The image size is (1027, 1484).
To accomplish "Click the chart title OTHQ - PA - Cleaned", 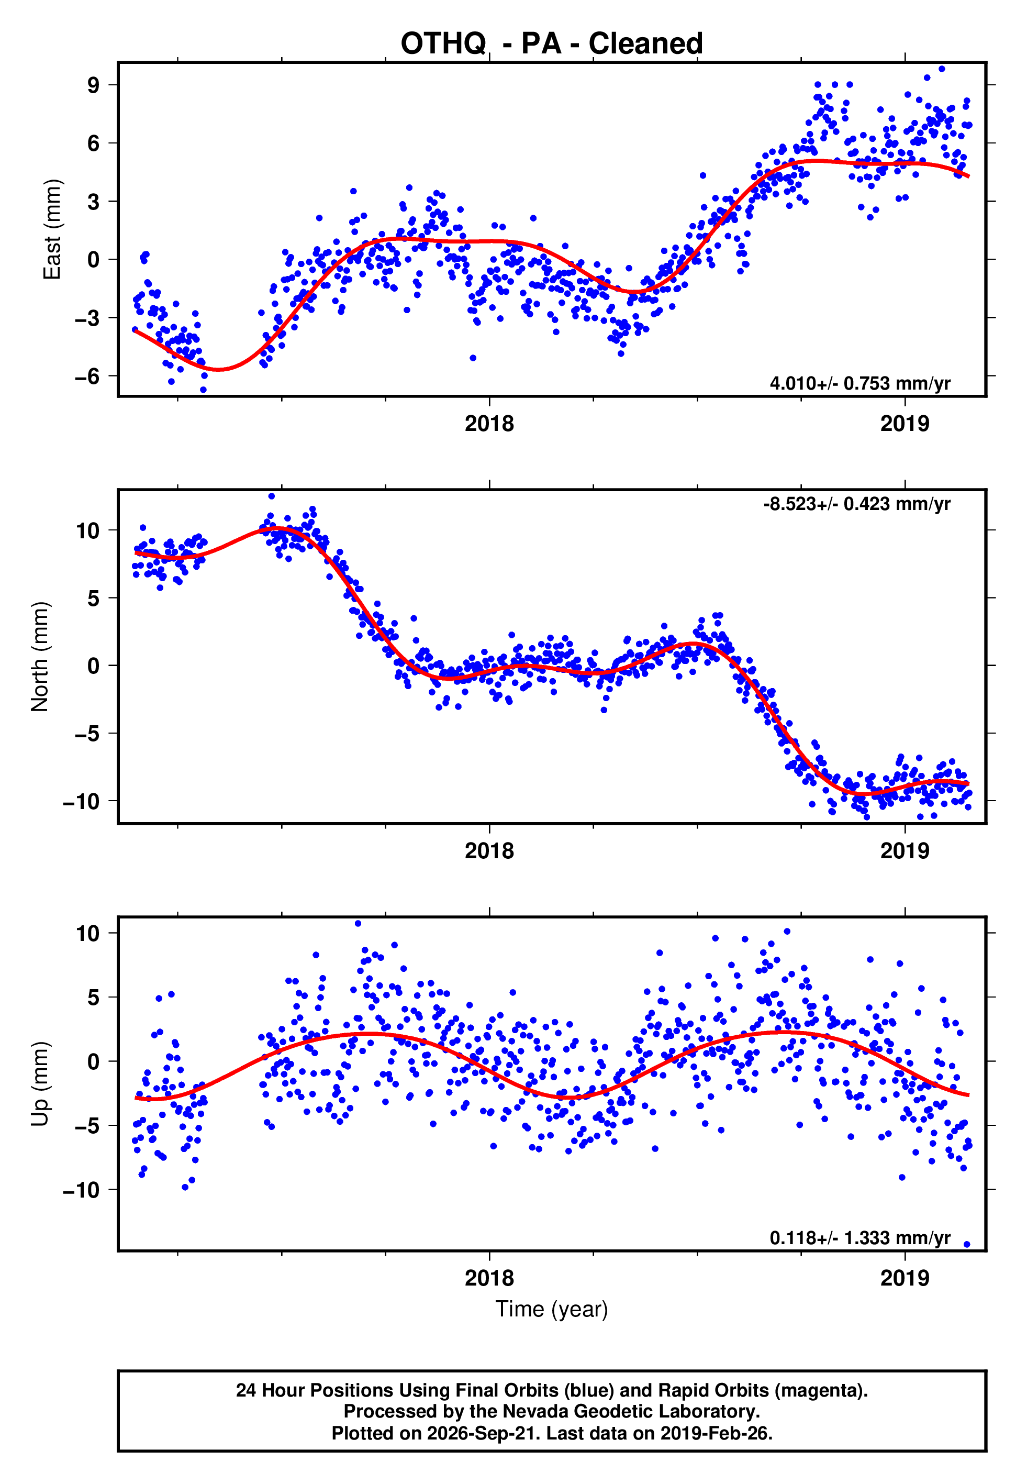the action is pyautogui.click(x=552, y=44).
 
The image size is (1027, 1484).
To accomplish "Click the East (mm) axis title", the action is pyautogui.click(x=52, y=229).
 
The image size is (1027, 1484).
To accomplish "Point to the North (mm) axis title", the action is pyautogui.click(x=40, y=657).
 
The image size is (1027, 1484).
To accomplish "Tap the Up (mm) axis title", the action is pyautogui.click(x=40, y=1084).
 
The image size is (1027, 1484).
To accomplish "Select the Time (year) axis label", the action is pyautogui.click(x=552, y=1310).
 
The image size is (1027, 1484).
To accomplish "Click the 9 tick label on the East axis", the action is pyautogui.click(x=94, y=85).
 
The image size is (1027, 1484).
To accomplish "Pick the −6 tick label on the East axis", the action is pyautogui.click(x=87, y=376).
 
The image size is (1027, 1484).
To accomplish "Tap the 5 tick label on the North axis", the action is pyautogui.click(x=94, y=598).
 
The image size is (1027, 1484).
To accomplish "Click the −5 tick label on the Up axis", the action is pyautogui.click(x=87, y=1125).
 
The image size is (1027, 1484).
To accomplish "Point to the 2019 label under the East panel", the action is pyautogui.click(x=905, y=424).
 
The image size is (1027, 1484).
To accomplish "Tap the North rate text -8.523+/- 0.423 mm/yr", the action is pyautogui.click(x=856, y=504).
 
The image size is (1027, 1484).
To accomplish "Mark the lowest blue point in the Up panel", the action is pyautogui.click(x=966, y=1245).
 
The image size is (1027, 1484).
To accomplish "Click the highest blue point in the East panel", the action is pyautogui.click(x=941, y=69).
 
